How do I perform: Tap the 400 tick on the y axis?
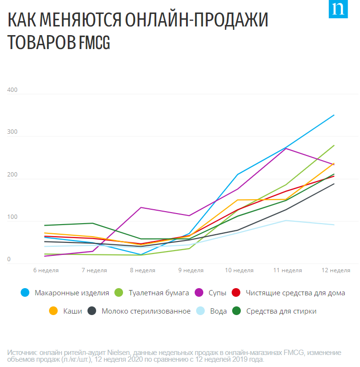point(12,90)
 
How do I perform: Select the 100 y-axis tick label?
point(12,217)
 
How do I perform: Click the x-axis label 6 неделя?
point(46,270)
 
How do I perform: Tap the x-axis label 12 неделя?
point(335,270)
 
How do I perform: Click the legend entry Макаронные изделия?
point(72,292)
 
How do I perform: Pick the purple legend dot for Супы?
point(199,292)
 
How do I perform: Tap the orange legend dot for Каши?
point(53,311)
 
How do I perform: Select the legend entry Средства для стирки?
point(281,311)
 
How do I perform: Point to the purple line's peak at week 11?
point(286,148)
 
